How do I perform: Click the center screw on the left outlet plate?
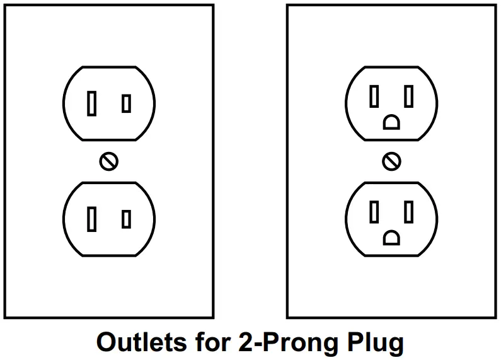click(108, 161)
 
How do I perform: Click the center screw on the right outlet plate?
click(391, 161)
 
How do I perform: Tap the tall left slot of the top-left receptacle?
click(92, 103)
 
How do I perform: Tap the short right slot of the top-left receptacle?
click(126, 103)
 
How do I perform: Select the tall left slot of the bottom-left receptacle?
click(92, 219)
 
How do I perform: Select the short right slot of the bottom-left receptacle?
click(126, 219)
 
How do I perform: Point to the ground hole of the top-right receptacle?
click(391, 122)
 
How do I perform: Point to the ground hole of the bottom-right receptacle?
click(391, 238)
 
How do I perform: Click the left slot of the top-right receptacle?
click(374, 96)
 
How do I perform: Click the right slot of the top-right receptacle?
click(408, 96)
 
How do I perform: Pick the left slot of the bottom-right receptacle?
click(374, 212)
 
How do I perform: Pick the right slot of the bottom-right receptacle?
click(408, 212)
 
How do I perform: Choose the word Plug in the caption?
click(376, 342)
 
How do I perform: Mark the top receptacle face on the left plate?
click(108, 82)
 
